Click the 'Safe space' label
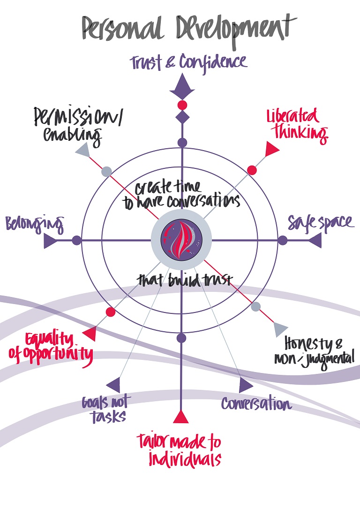click(x=321, y=222)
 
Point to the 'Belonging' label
click(x=34, y=224)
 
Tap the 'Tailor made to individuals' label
click(x=179, y=450)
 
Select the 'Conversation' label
click(x=256, y=403)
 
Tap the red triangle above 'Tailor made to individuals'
click(x=181, y=416)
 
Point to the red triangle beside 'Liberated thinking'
click(x=272, y=149)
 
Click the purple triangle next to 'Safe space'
click(x=315, y=241)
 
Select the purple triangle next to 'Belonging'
click(x=50, y=241)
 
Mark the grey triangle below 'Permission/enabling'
click(x=82, y=150)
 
